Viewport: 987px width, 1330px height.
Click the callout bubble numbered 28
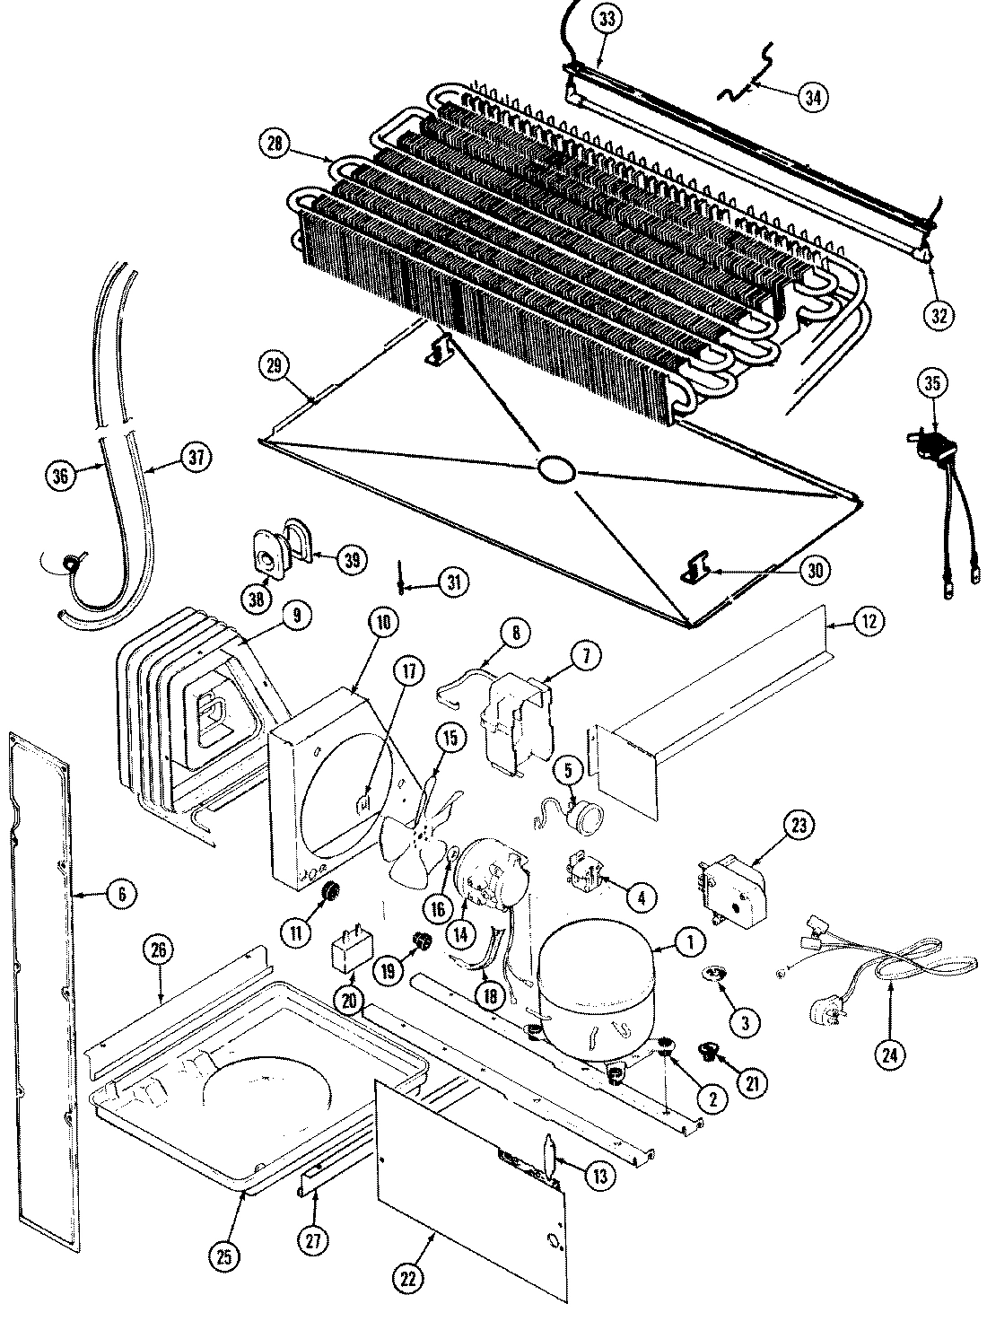pos(274,141)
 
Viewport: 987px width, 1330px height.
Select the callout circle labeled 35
pos(930,383)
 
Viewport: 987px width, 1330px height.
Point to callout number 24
pos(889,1055)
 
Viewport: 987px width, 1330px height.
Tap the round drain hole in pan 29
pos(556,469)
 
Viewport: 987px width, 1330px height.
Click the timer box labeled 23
pos(732,892)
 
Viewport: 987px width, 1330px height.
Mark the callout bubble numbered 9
pos(297,615)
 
